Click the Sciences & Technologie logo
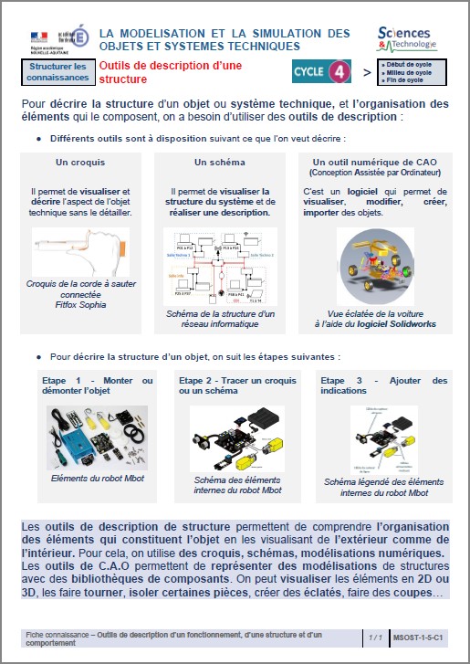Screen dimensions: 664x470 [407, 38]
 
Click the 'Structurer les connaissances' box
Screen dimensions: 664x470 [57, 72]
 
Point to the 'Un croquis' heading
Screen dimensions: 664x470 [79, 162]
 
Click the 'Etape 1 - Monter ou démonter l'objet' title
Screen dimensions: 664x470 [98, 385]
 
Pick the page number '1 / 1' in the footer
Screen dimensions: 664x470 [374, 636]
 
